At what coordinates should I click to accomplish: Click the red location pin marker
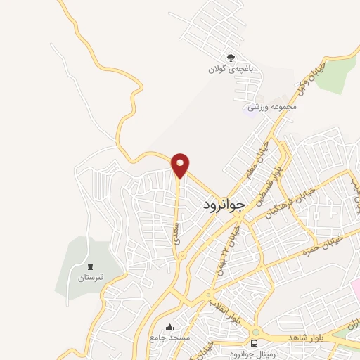click(x=181, y=165)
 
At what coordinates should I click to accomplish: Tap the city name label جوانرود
click(x=224, y=204)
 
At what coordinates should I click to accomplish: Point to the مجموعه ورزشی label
click(x=271, y=108)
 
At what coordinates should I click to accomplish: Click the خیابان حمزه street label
click(x=321, y=246)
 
